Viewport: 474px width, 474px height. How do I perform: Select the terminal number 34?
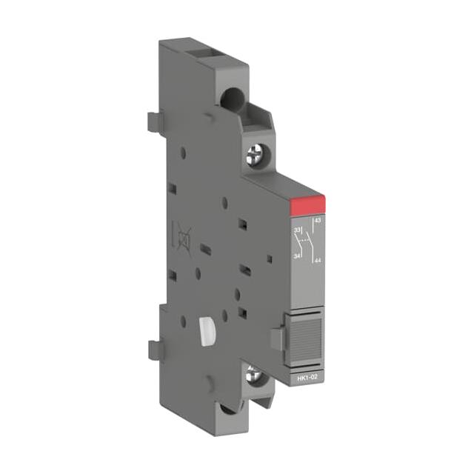[x=298, y=256]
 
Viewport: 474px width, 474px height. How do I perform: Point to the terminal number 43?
[x=318, y=221]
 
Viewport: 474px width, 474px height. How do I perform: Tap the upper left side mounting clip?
[x=153, y=120]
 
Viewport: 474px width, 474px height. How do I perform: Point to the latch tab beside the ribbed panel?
[x=276, y=338]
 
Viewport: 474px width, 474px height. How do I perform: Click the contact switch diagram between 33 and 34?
[x=302, y=243]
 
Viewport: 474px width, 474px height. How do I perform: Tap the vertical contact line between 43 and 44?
[x=314, y=241]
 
